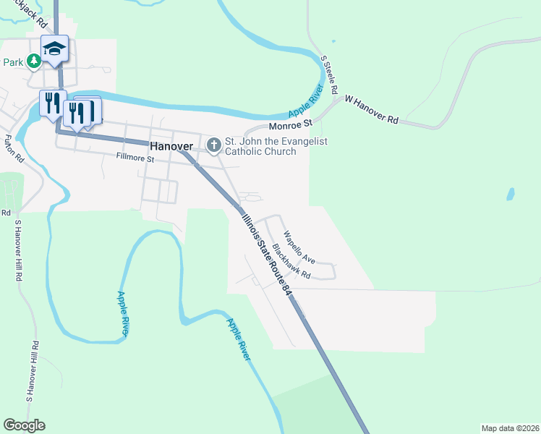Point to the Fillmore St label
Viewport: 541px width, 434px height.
point(135,158)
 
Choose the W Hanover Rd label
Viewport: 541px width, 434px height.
point(372,109)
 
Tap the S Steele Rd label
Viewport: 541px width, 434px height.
point(329,77)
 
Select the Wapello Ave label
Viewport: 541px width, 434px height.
point(299,247)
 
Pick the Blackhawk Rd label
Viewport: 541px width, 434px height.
point(291,262)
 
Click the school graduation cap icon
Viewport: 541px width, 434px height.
point(54,49)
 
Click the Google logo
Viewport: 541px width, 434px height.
point(24,425)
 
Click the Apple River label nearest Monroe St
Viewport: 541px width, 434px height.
point(307,102)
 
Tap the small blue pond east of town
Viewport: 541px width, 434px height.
point(511,194)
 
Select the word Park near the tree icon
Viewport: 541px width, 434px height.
point(13,62)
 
